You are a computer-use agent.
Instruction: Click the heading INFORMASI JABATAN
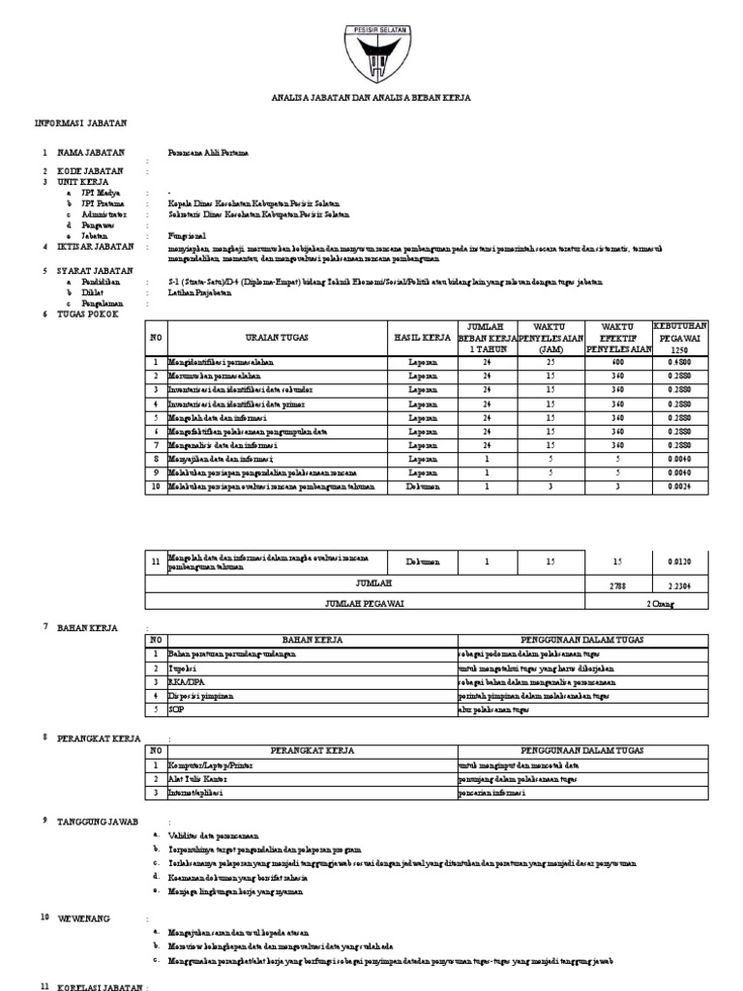click(80, 124)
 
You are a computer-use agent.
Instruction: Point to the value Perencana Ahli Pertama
click(208, 153)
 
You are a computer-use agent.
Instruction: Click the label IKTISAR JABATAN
click(95, 247)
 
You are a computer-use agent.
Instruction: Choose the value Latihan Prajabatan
click(202, 291)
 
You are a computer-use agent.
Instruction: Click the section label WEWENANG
click(85, 916)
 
